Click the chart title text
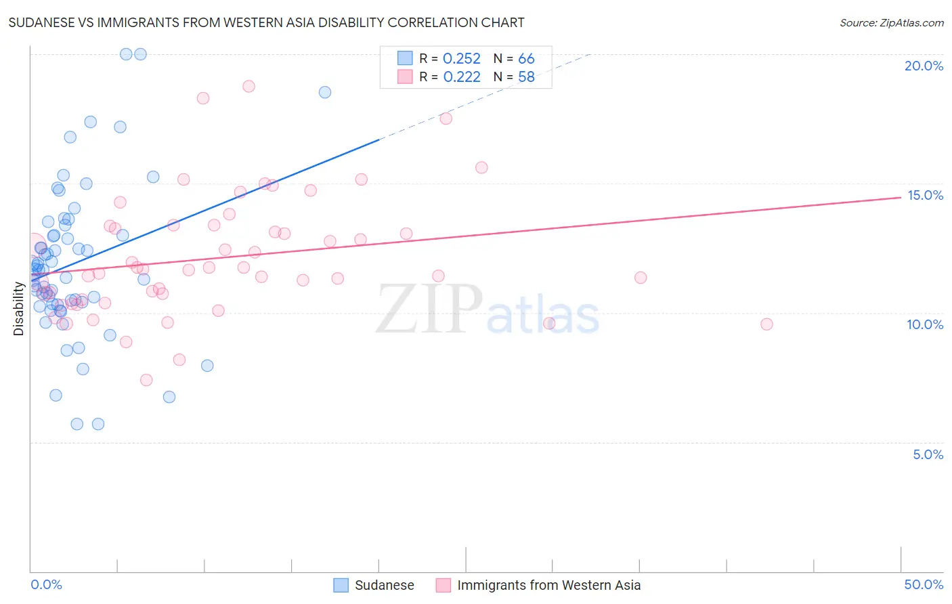point(266,22)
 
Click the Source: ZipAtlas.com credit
point(891,23)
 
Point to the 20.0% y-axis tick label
point(924,66)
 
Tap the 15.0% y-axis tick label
point(925,195)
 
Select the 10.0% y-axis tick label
point(925,324)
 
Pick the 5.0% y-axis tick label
point(928,454)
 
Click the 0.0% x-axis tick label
point(46,584)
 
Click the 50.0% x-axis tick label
point(924,584)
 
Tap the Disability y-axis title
point(19,309)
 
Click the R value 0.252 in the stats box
point(461,59)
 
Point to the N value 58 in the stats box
point(526,77)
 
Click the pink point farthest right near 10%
point(766,324)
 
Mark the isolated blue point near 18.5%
point(325,92)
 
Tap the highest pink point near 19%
point(248,86)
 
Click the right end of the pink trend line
point(900,197)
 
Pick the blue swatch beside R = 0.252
point(405,58)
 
